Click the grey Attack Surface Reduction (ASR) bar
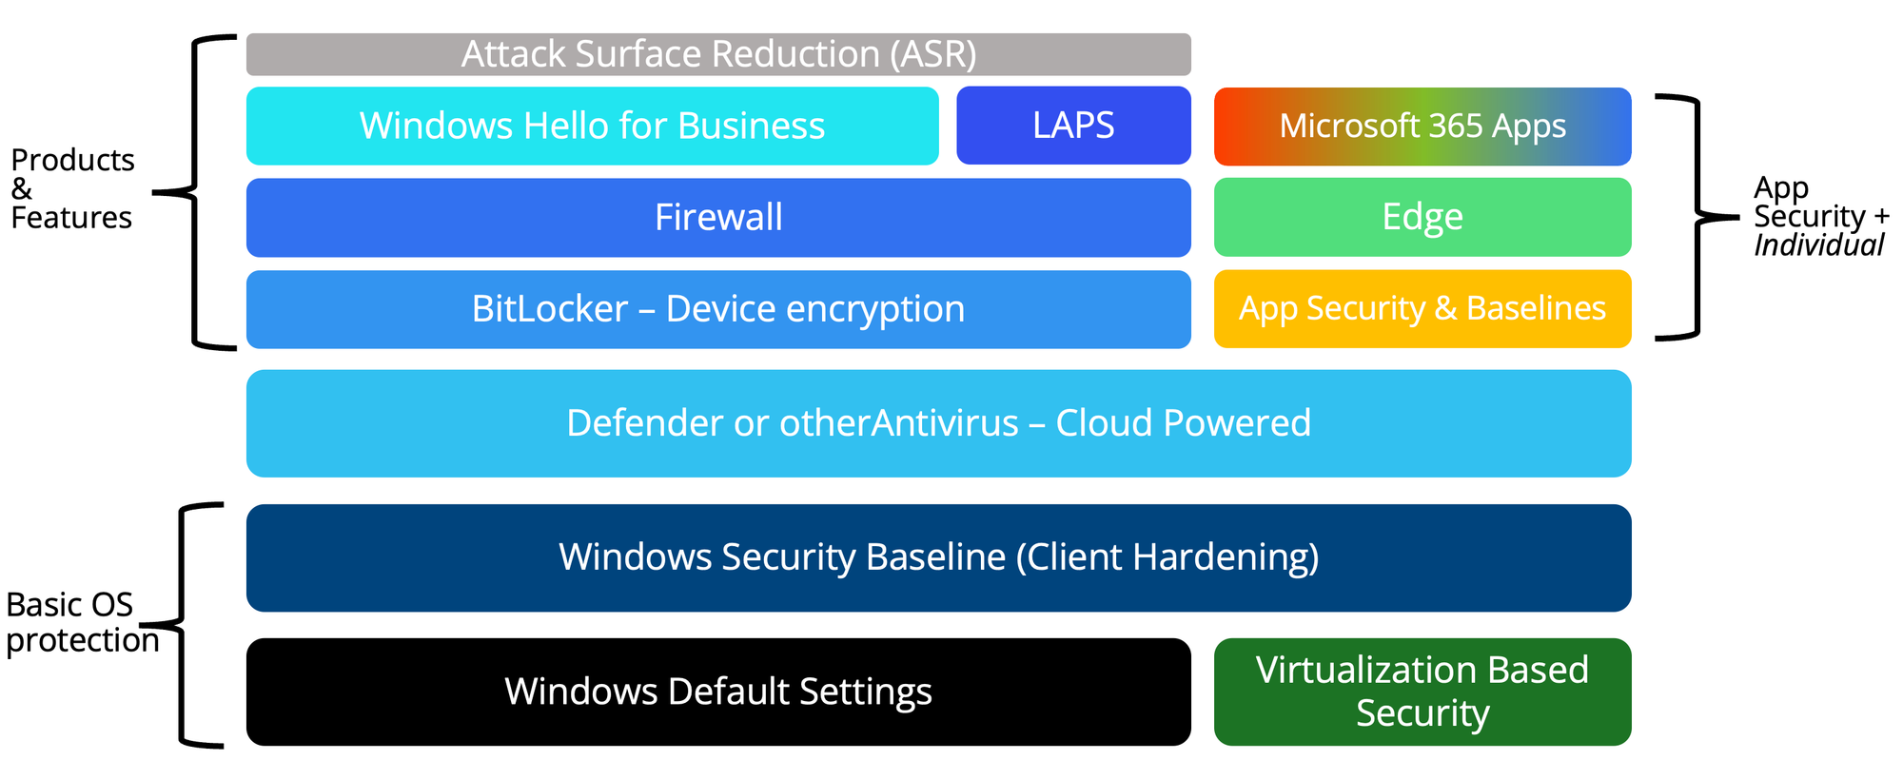point(718,54)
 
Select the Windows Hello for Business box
point(592,126)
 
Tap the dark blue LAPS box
point(1073,126)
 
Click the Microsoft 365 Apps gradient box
point(1422,127)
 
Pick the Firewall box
point(718,218)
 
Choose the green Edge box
point(1422,217)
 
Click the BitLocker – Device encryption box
point(718,309)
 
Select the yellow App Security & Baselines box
point(1422,309)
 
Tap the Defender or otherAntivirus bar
point(938,423)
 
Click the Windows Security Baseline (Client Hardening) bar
point(938,557)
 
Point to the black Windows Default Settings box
point(718,692)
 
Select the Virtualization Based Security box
point(1422,692)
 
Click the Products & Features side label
point(72,188)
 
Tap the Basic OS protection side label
point(80,622)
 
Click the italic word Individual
point(1817,245)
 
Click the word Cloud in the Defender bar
point(1104,423)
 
